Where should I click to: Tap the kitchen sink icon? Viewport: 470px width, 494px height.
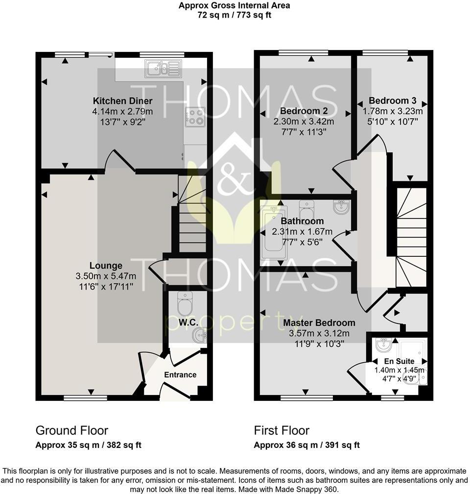[163, 69]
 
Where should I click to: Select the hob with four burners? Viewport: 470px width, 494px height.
[195, 116]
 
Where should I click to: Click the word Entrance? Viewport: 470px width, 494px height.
[180, 375]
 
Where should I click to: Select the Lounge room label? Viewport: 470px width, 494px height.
[106, 266]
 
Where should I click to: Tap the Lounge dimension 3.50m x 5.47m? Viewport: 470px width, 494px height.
[106, 276]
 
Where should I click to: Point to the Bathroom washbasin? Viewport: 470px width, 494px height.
[341, 207]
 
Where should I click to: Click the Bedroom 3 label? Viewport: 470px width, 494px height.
[393, 101]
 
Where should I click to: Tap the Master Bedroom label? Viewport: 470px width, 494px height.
[319, 323]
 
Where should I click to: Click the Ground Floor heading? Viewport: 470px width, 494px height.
[71, 431]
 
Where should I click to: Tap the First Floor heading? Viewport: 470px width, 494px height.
[282, 431]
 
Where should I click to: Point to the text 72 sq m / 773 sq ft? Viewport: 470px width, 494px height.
[234, 15]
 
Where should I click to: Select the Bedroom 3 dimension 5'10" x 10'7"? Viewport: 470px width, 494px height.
[393, 122]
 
